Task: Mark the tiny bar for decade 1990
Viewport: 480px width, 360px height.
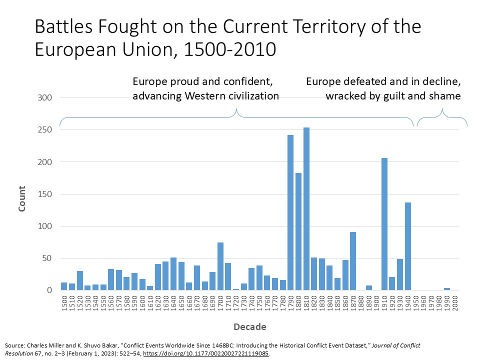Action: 447,289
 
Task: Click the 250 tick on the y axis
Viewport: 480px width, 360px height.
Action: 45,130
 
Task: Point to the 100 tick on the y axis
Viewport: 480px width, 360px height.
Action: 45,226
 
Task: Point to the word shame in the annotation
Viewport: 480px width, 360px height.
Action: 444,96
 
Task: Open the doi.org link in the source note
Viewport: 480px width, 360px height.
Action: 206,353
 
